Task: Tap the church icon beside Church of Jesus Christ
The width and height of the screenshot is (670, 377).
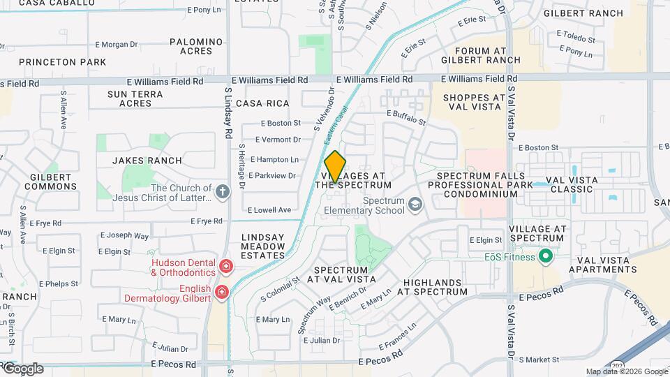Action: pyautogui.click(x=223, y=192)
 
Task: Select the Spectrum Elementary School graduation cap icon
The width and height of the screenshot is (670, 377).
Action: pyautogui.click(x=415, y=205)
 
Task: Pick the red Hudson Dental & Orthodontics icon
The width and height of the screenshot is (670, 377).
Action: pyautogui.click(x=225, y=266)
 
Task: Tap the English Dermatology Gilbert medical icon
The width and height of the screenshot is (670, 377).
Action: pyautogui.click(x=221, y=292)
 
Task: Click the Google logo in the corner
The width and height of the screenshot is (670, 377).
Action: pyautogui.click(x=22, y=369)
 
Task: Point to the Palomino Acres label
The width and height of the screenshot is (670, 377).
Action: pyautogui.click(x=195, y=47)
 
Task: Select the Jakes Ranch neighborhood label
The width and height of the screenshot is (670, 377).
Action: pyautogui.click(x=147, y=161)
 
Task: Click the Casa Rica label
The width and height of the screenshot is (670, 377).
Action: pyautogui.click(x=262, y=103)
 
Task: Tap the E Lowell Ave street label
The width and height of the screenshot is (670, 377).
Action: pyautogui.click(x=269, y=209)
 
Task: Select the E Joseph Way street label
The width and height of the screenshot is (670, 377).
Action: pyautogui.click(x=124, y=236)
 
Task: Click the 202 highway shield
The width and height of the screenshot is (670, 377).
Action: pyautogui.click(x=618, y=365)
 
